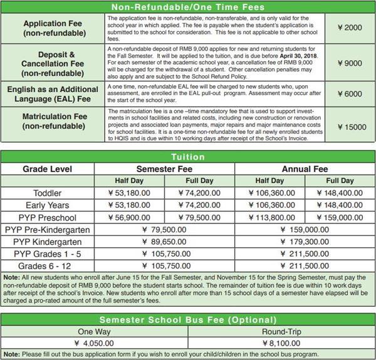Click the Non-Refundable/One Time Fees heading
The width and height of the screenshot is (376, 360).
188,7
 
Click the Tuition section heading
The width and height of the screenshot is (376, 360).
188,157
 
